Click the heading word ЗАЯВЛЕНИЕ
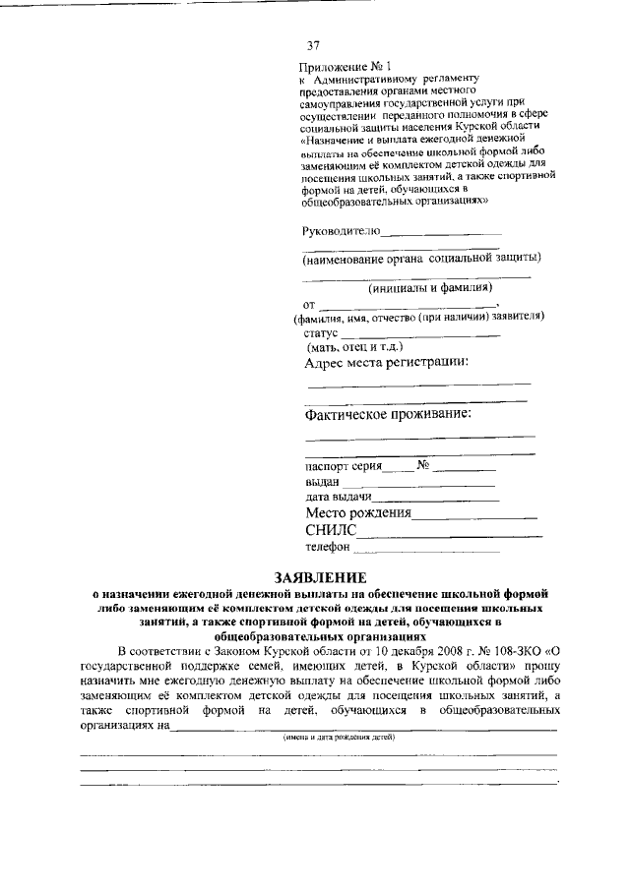pos(313,576)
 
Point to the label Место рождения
pos(357,512)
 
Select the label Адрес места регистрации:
pos(387,362)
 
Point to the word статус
pos(322,333)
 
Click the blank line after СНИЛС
pos(449,535)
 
